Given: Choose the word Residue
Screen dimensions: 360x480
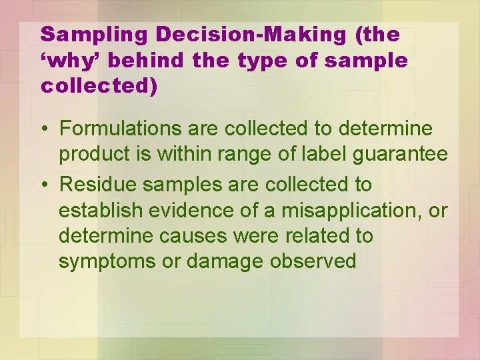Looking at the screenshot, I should click(x=97, y=183).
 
